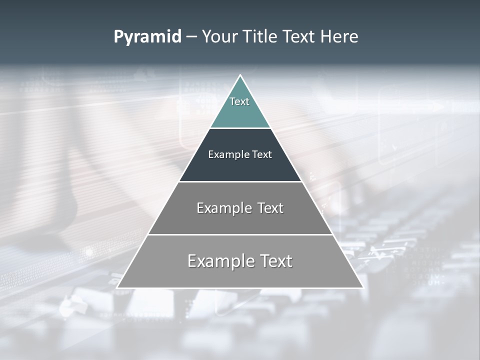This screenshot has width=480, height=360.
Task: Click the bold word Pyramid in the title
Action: tap(147, 37)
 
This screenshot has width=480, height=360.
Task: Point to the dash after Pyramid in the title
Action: tap(191, 37)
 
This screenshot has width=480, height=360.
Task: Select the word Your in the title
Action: tap(218, 37)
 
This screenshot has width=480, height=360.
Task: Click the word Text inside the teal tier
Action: tap(239, 101)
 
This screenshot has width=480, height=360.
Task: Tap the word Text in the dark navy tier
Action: tap(262, 154)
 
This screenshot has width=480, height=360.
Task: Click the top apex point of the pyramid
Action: tap(240, 75)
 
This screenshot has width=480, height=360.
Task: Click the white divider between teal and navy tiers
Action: tap(240, 128)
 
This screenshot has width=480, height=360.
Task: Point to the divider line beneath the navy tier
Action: tap(240, 181)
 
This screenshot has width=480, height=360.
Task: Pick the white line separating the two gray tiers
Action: tap(240, 234)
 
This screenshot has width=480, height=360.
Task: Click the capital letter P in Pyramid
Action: tap(118, 37)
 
